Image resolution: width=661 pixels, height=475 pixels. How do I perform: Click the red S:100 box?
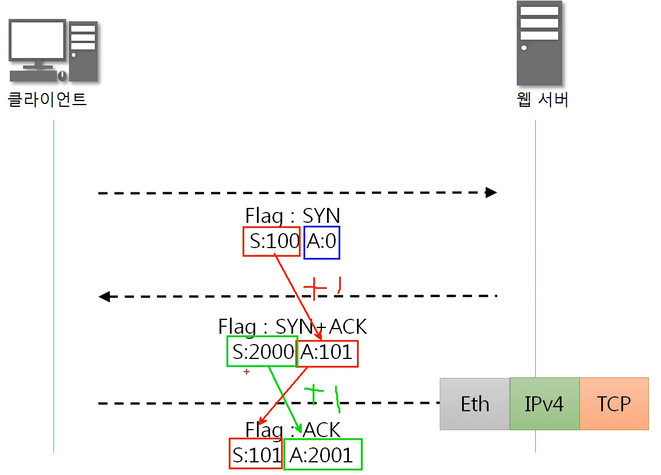point(272,241)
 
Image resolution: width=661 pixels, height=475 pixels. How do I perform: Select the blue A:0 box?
point(322,242)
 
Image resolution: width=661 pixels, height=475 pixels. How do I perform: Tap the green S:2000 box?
point(262,351)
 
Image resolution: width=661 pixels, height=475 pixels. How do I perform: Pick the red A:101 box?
point(326,353)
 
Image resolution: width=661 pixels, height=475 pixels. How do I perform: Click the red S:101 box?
point(256,454)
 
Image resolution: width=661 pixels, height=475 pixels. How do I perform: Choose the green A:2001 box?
point(322,454)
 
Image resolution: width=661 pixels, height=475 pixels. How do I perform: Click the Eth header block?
point(475,404)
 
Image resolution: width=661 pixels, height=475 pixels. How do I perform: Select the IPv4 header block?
point(544,404)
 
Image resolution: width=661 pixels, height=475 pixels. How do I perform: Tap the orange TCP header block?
point(614,404)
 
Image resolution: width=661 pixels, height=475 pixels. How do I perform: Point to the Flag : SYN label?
point(293,216)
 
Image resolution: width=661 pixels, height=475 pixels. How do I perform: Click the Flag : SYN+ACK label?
point(292,326)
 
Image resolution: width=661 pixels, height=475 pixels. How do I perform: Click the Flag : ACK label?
point(293,430)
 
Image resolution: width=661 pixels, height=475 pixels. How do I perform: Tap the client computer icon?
point(53,51)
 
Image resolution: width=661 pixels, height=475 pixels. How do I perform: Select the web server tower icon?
point(539,43)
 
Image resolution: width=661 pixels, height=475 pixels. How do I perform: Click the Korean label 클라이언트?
point(47,99)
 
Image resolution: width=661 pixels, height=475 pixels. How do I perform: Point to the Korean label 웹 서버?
point(543,100)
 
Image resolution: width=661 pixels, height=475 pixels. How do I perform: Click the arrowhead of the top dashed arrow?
point(491,192)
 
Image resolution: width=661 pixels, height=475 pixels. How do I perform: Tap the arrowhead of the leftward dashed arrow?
point(104,296)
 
